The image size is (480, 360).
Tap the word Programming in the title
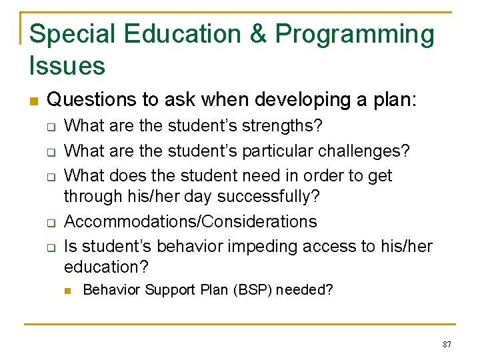point(355,35)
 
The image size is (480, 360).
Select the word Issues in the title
point(67,66)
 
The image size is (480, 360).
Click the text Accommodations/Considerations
point(190,221)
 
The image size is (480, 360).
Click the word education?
point(107,267)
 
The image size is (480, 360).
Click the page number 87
point(447,344)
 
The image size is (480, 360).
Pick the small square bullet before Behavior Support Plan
point(67,291)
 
